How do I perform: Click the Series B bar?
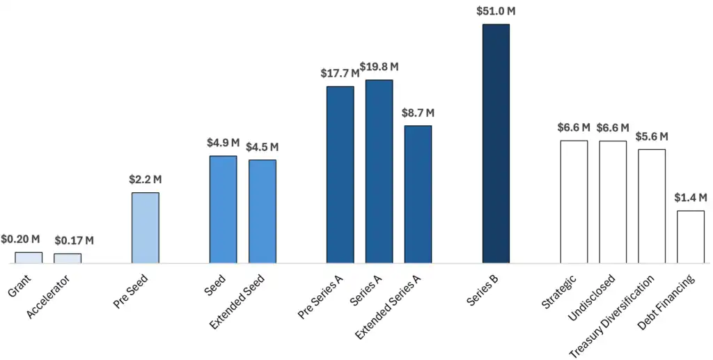(496, 143)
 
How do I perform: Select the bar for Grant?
(29, 258)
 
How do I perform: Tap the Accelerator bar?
(68, 258)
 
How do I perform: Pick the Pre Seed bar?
(146, 228)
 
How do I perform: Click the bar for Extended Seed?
(263, 211)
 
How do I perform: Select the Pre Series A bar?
(340, 175)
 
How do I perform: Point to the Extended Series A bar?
(418, 194)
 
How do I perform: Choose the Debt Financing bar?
(691, 237)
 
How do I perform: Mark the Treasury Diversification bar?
(652, 206)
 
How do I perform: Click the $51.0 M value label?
(496, 11)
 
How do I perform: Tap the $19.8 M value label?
(379, 67)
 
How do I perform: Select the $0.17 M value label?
(74, 241)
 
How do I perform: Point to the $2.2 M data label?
(146, 180)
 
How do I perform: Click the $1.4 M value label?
(691, 198)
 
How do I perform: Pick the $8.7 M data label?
(418, 113)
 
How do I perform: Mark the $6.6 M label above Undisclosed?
(613, 128)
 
